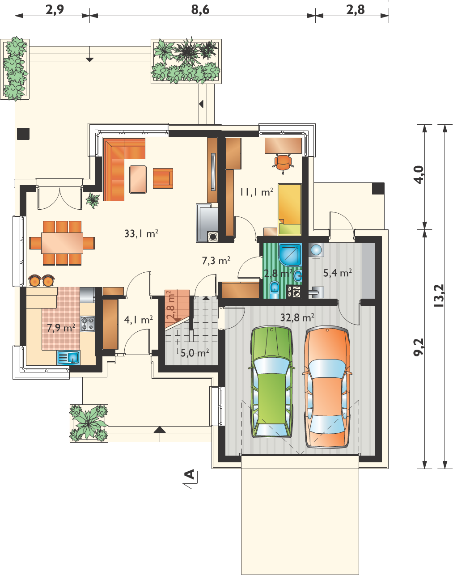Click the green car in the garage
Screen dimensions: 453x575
(x=271, y=382)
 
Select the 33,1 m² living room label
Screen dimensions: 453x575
(x=141, y=233)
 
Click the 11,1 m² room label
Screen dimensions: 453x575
(x=256, y=192)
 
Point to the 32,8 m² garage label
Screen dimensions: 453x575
(x=297, y=317)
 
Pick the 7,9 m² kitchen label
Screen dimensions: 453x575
(x=61, y=328)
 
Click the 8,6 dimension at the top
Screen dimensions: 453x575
(x=200, y=10)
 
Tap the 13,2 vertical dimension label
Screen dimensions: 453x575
(x=439, y=296)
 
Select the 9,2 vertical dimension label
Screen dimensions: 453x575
(x=419, y=347)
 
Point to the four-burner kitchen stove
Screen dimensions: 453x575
(x=88, y=324)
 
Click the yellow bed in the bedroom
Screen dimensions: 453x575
(x=290, y=210)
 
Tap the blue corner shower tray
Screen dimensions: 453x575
(x=290, y=254)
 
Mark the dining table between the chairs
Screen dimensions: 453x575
(x=62, y=243)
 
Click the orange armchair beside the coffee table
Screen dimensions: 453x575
(x=163, y=178)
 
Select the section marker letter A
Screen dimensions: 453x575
(x=190, y=474)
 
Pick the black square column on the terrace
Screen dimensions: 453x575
(x=23, y=134)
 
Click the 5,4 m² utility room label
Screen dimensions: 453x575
(x=337, y=273)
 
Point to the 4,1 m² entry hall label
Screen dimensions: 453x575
(x=139, y=320)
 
